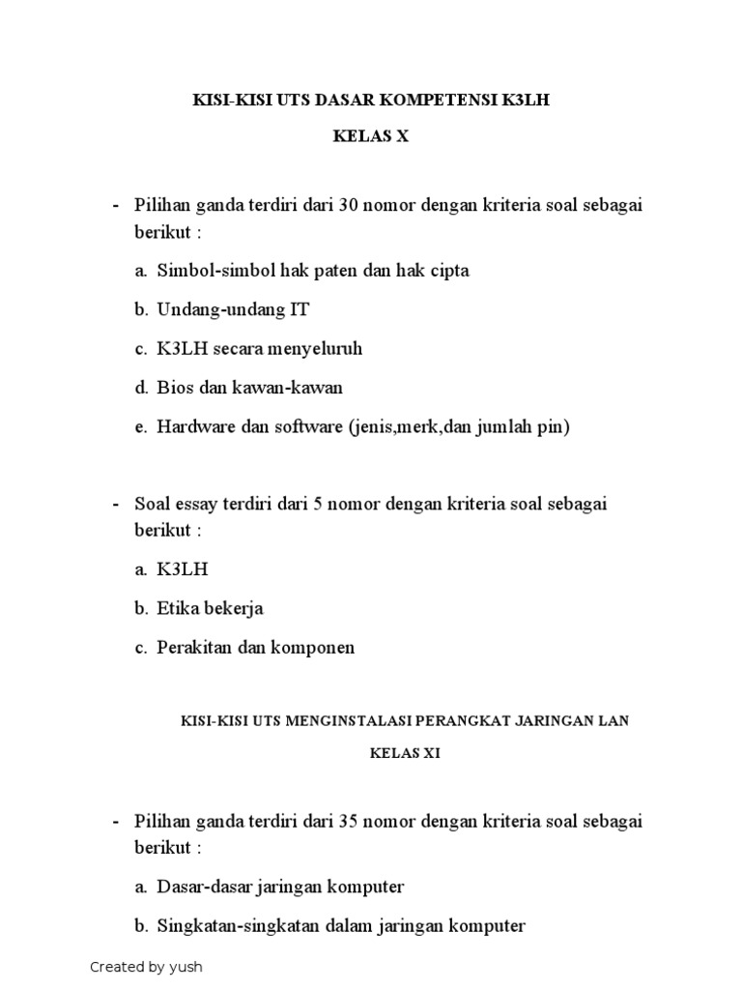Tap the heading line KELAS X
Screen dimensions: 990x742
[371, 137]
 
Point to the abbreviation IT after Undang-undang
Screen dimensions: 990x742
[299, 309]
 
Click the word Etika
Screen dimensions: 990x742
[179, 609]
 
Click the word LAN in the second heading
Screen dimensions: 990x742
[614, 720]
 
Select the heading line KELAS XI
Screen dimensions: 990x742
[405, 754]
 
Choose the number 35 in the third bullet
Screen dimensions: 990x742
[349, 822]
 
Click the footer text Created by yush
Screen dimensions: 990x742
[146, 967]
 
